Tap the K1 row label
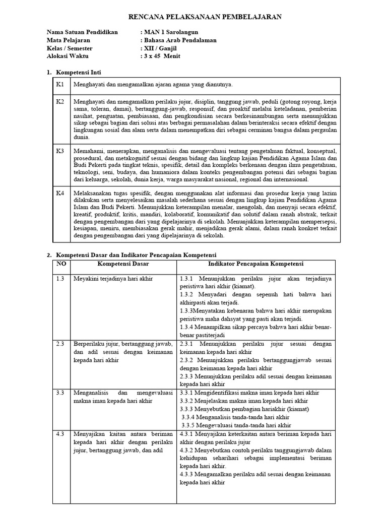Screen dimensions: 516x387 click(60, 84)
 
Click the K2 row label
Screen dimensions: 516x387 click(60, 101)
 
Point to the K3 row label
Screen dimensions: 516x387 click(60, 151)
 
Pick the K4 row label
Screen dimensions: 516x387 click(60, 193)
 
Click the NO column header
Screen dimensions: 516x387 click(60, 264)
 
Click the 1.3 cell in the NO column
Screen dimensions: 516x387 click(60, 279)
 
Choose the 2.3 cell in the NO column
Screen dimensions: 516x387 click(60, 343)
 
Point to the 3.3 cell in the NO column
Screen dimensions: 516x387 click(60, 393)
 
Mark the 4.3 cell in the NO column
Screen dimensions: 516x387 click(60, 433)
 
